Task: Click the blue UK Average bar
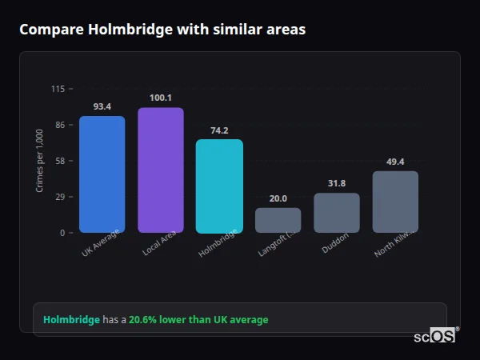[x=102, y=174]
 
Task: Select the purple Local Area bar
[x=160, y=170]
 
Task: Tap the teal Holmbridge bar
[x=219, y=186]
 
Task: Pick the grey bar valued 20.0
[x=278, y=220]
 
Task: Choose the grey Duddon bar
[x=336, y=213]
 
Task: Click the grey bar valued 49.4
[x=395, y=202]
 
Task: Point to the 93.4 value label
[x=102, y=106]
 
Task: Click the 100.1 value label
[x=160, y=98]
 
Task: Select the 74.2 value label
[x=219, y=130]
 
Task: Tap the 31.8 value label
[x=336, y=183]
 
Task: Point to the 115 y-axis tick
[x=58, y=89]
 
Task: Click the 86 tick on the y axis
[x=60, y=125]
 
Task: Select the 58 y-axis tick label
[x=60, y=161]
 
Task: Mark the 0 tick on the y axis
[x=62, y=233]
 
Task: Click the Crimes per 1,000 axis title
[x=39, y=161]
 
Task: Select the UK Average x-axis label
[x=100, y=244]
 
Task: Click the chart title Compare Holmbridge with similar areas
[x=162, y=29]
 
